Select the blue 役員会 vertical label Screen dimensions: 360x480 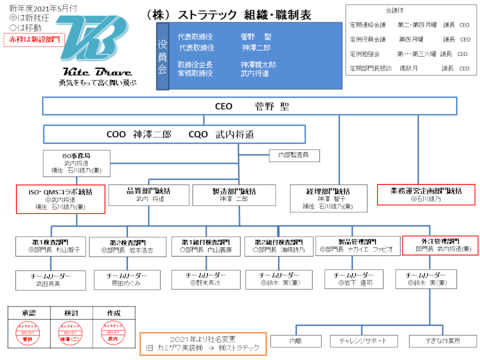click(x=163, y=57)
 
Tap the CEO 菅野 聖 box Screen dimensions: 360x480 click(x=250, y=106)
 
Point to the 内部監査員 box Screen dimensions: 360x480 click(x=295, y=155)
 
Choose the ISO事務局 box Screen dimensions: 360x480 click(x=77, y=163)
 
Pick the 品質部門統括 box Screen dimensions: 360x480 click(x=149, y=195)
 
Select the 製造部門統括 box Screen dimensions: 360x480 click(x=234, y=195)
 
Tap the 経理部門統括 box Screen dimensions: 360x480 click(x=328, y=198)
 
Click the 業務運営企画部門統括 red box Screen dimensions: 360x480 click(x=426, y=194)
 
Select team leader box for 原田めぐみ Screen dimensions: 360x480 click(x=127, y=279)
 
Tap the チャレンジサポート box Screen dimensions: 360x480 click(x=362, y=340)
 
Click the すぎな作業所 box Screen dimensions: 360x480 click(x=443, y=340)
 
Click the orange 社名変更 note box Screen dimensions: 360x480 click(x=203, y=343)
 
